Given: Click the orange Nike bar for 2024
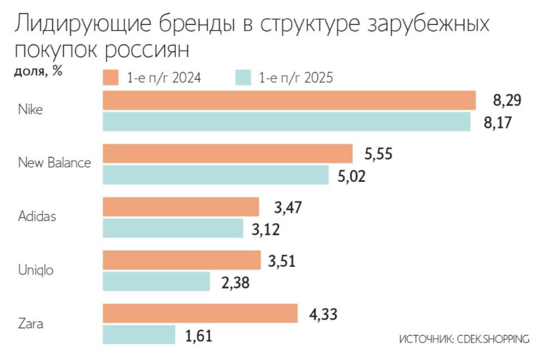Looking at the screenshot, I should (x=289, y=100).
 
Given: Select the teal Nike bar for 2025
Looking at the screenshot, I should (x=287, y=121).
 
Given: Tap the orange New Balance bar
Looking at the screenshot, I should (x=228, y=154).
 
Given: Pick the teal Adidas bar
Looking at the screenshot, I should (x=173, y=228).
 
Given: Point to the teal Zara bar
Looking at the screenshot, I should (x=139, y=335).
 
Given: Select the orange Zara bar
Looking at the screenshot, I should (x=200, y=314).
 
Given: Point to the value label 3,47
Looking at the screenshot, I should (x=289, y=208).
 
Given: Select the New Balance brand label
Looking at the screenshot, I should (x=54, y=162).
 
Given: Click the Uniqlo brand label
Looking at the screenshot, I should (x=36, y=270).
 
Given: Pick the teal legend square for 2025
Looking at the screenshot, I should (x=243, y=77).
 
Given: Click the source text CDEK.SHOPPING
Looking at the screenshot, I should (x=494, y=339).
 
